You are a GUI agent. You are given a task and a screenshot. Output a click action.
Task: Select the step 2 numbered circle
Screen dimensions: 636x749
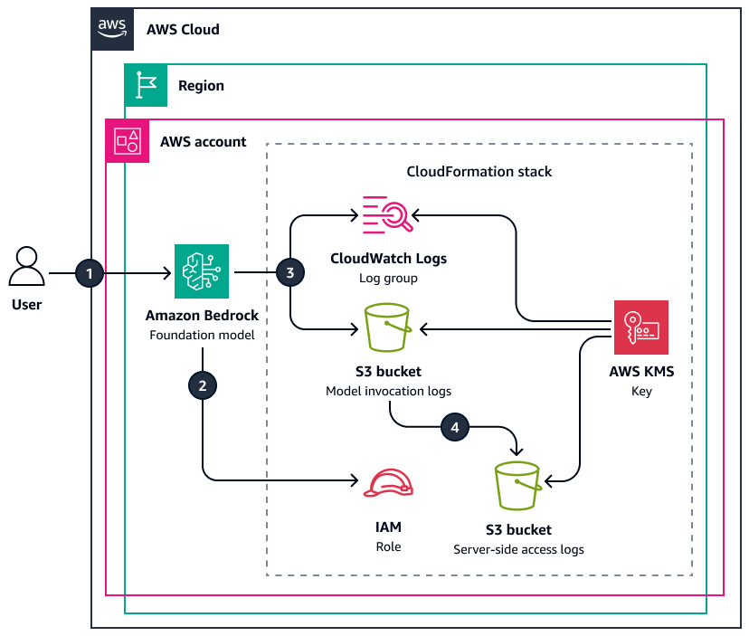point(202,385)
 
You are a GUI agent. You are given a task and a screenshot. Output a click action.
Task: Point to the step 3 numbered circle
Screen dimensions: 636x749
point(289,272)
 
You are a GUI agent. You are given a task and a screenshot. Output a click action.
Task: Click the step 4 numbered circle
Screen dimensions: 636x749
point(454,428)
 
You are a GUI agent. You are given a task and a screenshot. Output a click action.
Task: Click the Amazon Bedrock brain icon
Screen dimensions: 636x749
point(202,271)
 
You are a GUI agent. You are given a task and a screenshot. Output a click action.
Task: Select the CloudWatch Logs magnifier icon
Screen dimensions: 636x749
point(388,214)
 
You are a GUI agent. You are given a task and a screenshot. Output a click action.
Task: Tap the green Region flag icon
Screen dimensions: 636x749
point(146,85)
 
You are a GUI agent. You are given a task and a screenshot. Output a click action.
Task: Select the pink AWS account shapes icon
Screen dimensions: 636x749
point(128,141)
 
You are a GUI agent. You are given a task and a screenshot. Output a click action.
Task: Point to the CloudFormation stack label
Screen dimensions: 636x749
point(479,171)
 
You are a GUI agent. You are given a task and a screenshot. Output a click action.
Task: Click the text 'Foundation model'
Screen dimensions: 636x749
point(202,336)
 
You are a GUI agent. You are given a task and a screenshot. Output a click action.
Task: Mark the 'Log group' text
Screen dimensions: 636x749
point(388,279)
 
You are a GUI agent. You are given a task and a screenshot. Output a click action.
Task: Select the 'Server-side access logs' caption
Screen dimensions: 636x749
point(518,549)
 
